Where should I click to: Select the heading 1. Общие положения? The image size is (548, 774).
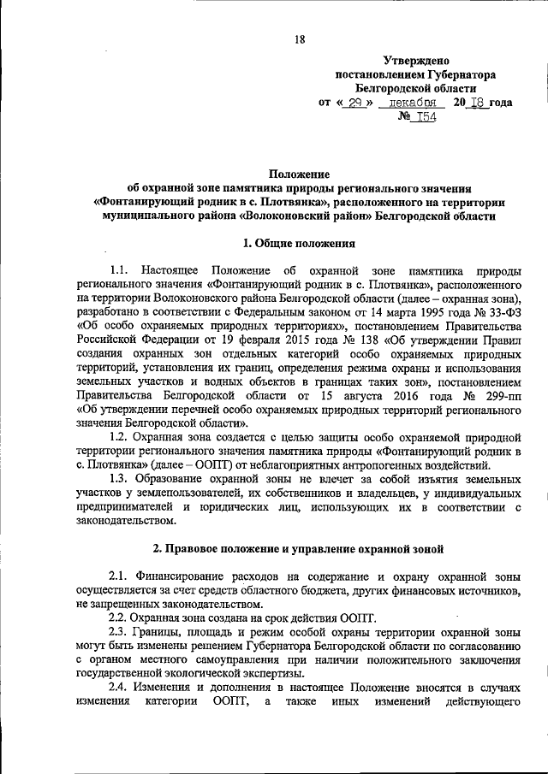pyautogui.click(x=300, y=244)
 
